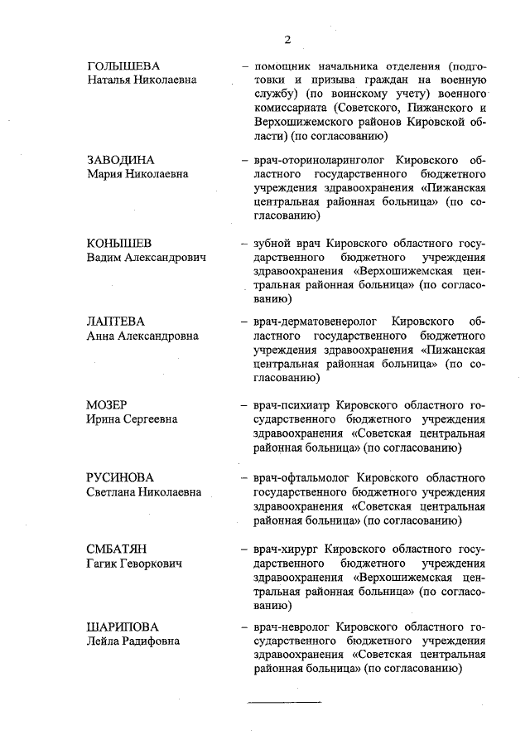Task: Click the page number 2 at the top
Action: [x=287, y=39]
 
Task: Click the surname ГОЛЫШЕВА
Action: [x=123, y=65]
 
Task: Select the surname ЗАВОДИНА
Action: [x=121, y=159]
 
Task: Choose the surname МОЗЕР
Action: [x=107, y=405]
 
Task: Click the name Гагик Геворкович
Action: [x=135, y=564]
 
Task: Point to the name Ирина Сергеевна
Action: [x=132, y=419]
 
